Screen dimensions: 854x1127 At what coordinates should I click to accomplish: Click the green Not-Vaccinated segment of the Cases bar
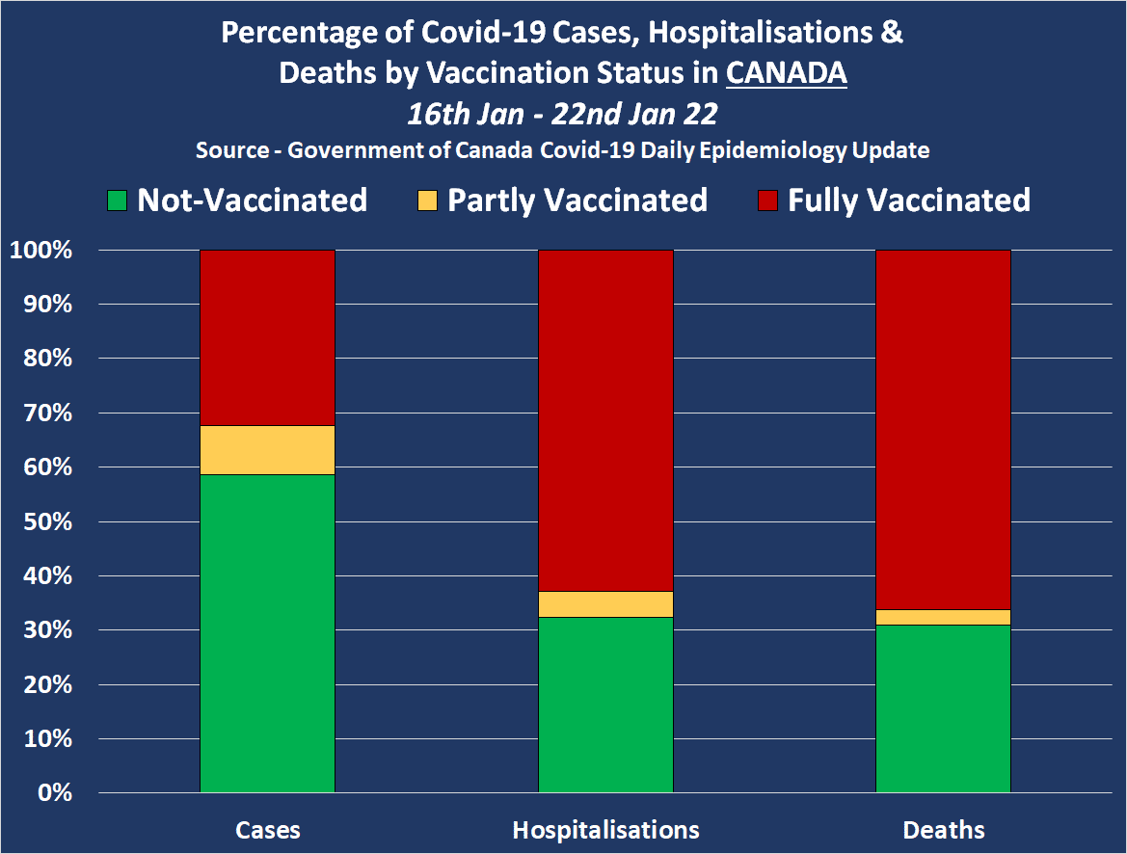coord(267,633)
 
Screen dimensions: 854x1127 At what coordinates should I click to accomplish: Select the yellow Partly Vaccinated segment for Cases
coord(267,450)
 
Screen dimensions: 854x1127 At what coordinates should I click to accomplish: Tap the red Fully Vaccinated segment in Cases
coord(267,337)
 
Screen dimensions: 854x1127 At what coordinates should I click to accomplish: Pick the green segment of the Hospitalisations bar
coord(605,705)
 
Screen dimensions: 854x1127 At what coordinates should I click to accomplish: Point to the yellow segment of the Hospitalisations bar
coord(605,604)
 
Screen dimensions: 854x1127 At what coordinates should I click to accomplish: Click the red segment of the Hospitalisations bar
coord(605,420)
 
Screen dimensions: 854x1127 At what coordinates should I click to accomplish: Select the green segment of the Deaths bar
coord(943,708)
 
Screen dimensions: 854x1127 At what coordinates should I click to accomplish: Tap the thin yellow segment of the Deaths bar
coord(943,617)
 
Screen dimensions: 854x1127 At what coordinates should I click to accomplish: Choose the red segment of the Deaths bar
coord(943,429)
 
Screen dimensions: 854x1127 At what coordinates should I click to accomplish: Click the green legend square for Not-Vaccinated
coord(117,200)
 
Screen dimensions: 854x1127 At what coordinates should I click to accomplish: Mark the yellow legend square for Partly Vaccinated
coord(427,200)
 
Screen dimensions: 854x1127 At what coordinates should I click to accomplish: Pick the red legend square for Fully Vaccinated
coord(767,200)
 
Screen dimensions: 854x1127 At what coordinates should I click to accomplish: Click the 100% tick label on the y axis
coord(40,251)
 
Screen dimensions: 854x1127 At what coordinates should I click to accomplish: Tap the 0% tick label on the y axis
coord(53,793)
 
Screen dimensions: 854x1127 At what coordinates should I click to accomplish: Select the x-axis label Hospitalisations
coord(605,830)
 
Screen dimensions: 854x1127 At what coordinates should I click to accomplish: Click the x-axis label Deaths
coord(943,830)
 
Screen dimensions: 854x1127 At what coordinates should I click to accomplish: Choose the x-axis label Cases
coord(267,830)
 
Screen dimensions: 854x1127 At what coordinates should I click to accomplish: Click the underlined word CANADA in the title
coord(786,73)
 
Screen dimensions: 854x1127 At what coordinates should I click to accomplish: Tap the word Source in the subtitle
coord(232,151)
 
